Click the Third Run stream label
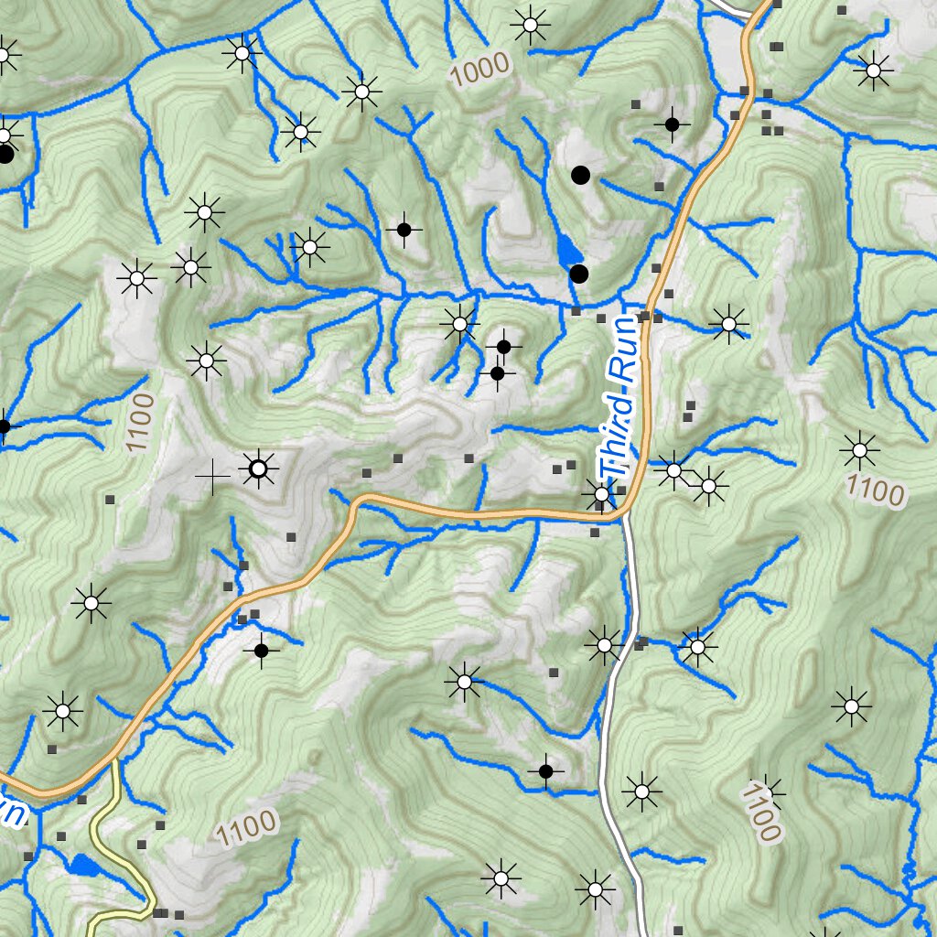[x=619, y=397]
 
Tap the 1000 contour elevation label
[x=479, y=70]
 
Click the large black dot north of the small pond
[x=580, y=174]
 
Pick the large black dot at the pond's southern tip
[x=578, y=273]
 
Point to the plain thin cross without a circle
[x=212, y=476]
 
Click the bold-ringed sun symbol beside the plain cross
[x=259, y=469]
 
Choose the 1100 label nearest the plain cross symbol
[x=139, y=423]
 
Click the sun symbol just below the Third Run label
[x=601, y=494]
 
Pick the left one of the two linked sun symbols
[x=674, y=470]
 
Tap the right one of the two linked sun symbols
[x=708, y=486]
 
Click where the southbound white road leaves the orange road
[x=627, y=518]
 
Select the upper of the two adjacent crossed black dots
[x=503, y=346]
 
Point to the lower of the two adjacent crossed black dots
[x=497, y=373]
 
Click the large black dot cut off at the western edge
[x=5, y=154]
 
